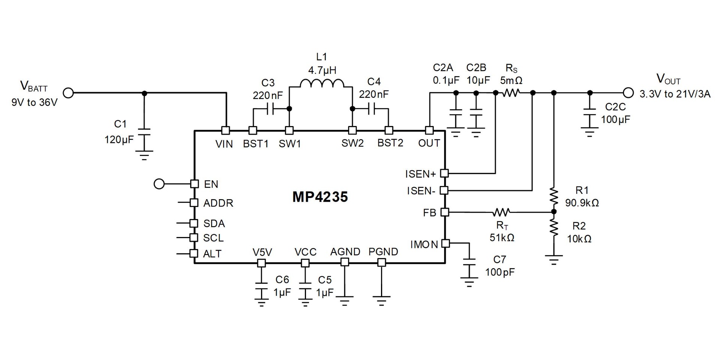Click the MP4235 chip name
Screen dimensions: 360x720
pos(320,197)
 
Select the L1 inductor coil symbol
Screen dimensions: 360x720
pos(321,83)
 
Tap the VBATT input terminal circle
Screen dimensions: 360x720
pos(68,93)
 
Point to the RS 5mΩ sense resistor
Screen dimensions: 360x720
pos(511,93)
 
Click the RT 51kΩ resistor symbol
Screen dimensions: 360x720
pos(501,213)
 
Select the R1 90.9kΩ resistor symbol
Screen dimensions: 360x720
pos(554,197)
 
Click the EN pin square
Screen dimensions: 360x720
pos(194,184)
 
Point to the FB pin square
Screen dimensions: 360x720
pos(444,212)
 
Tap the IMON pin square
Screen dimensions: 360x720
pos(445,243)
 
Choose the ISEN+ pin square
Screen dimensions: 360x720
pos(444,173)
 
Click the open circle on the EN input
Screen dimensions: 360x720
pos(159,184)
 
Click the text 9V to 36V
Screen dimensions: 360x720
pos(34,102)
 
